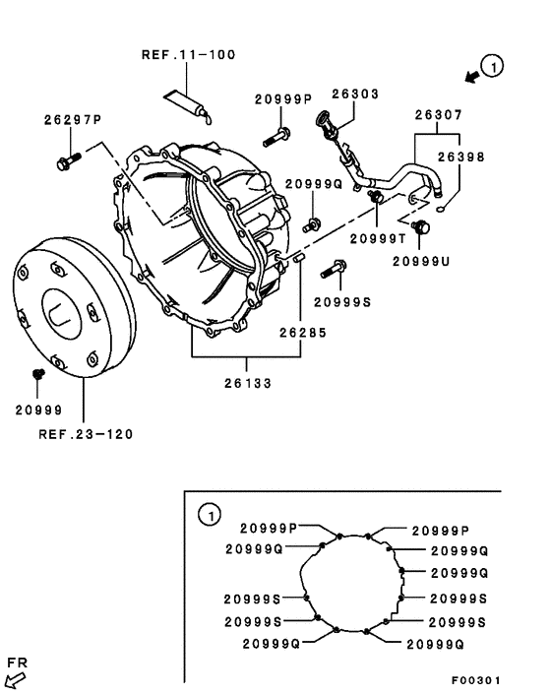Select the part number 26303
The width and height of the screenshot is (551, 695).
[355, 95]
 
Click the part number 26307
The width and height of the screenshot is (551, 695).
[440, 115]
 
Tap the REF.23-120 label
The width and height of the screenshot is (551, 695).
[86, 432]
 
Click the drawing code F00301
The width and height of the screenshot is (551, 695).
[476, 680]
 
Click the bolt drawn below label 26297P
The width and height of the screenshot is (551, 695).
[68, 159]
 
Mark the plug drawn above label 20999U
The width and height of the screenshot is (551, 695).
[424, 228]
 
